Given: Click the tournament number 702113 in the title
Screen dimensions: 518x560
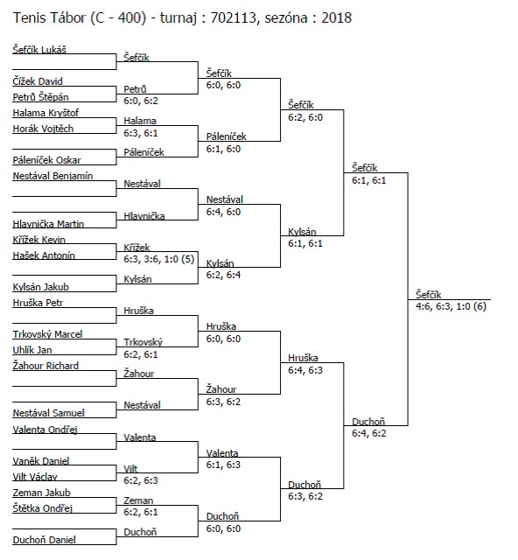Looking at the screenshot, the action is point(234,17).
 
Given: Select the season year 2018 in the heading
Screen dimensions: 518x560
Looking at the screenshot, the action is point(337,17).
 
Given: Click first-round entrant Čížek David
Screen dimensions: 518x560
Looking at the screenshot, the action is point(38,81).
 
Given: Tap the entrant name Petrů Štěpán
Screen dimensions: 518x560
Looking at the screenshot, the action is point(41,97).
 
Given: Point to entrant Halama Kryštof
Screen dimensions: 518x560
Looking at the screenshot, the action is point(45,113).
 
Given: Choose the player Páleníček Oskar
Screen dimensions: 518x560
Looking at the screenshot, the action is point(46,160).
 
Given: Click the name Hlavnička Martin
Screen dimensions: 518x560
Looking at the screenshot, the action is point(48,224).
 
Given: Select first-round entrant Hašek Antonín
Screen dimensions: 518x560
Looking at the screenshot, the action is point(44,255).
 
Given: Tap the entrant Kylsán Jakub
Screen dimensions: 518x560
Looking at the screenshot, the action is point(41,287).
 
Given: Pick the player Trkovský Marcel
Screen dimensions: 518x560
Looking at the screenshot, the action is point(47,334).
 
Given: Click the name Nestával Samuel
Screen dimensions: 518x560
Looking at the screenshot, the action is point(49,413).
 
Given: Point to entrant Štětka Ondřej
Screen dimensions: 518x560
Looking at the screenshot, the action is point(43,507).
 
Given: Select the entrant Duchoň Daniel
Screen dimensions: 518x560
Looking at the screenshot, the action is point(44,540).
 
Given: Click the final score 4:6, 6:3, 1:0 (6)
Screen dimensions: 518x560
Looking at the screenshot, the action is point(451,306).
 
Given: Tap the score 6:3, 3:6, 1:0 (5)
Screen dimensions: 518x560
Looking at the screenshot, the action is point(159,259).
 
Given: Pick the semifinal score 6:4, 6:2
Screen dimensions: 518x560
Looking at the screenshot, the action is point(369,433).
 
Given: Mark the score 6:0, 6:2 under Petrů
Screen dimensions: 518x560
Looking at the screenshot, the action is point(141,101).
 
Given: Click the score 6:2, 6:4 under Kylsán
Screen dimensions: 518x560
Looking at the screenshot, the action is point(223,275).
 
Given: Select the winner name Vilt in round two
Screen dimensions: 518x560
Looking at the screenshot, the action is point(130,469).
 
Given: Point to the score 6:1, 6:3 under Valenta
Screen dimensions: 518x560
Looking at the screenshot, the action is point(223,465).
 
